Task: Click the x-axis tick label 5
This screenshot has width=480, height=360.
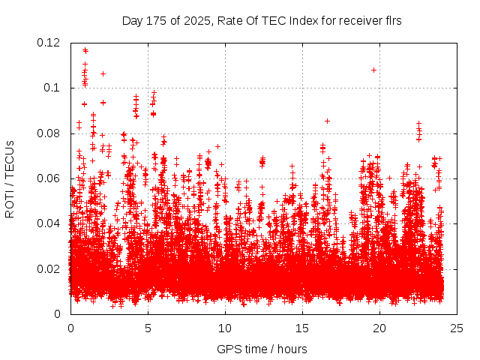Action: click(x=148, y=328)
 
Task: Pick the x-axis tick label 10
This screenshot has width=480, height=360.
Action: click(x=225, y=328)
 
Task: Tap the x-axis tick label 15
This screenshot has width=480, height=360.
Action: click(x=302, y=328)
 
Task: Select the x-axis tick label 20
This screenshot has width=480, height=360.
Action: click(x=379, y=328)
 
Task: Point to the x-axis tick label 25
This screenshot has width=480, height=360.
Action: click(x=457, y=328)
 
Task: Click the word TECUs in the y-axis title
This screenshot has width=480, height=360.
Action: click(x=10, y=159)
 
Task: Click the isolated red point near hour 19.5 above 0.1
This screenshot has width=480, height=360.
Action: click(x=373, y=70)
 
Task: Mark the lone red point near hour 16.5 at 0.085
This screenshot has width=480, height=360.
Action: click(x=327, y=120)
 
